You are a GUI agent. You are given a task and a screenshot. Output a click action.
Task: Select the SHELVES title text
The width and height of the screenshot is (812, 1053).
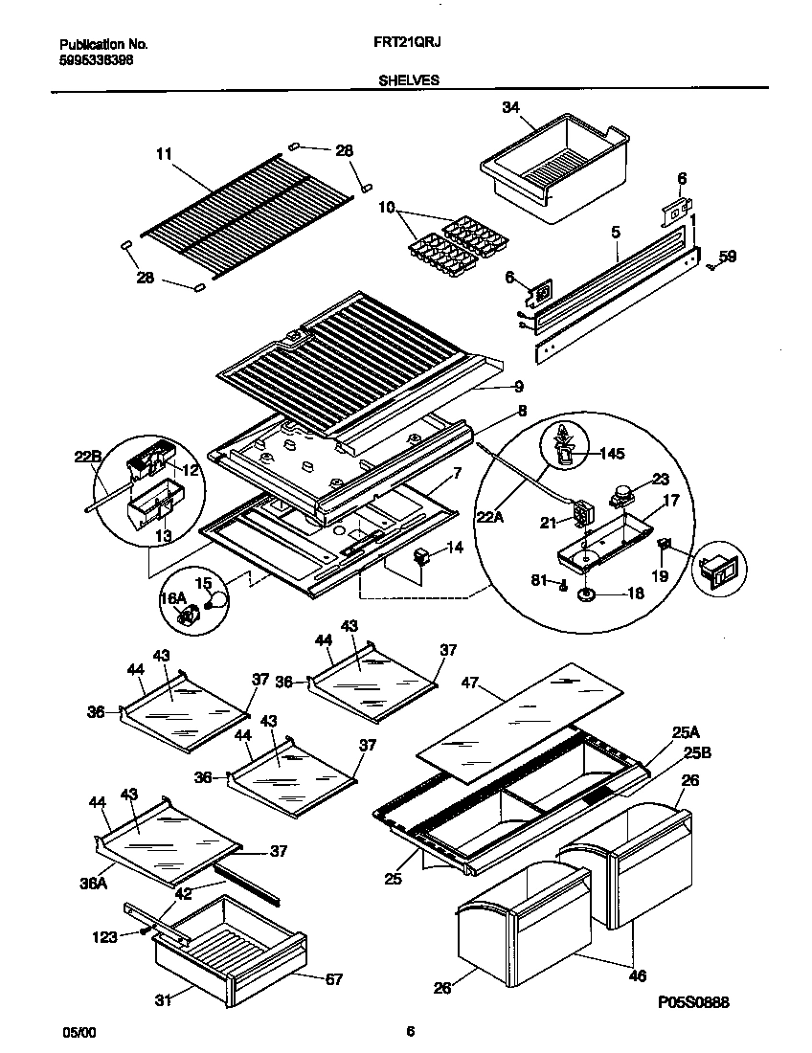tap(409, 81)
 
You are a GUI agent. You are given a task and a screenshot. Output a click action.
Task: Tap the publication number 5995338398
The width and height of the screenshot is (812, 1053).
tap(96, 58)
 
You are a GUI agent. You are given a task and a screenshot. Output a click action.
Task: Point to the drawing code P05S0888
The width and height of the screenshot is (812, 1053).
tap(694, 1002)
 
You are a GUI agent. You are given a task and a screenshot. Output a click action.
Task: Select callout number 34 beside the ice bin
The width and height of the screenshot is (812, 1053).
tap(510, 108)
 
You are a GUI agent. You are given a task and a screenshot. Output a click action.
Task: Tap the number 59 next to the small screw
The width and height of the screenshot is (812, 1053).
tap(728, 257)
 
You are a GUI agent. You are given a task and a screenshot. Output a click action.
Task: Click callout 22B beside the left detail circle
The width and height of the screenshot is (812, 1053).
tap(88, 458)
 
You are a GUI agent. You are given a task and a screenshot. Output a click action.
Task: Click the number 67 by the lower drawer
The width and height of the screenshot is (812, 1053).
tap(332, 979)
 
